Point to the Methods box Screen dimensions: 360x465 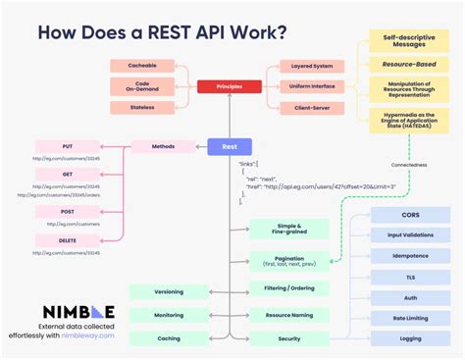tap(162, 147)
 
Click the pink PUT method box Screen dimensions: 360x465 tap(67, 147)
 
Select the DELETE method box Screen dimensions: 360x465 tap(67, 239)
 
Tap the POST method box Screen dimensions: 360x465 tap(67, 210)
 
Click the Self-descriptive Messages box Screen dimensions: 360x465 tap(403, 41)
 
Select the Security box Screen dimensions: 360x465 tap(288, 338)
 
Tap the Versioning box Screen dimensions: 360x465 tap(168, 291)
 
